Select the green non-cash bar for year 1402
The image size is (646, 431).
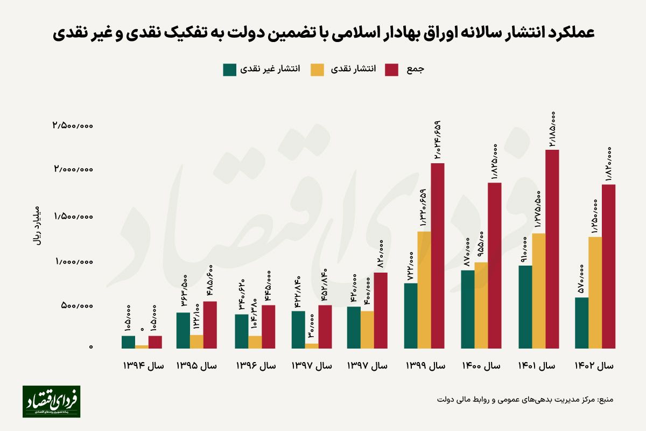point(581,323)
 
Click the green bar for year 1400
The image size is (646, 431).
point(467,309)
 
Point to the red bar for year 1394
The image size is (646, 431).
point(155,342)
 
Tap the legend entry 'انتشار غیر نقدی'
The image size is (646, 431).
point(262,69)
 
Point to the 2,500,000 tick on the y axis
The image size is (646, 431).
point(73,125)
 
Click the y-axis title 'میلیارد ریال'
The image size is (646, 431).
point(37,225)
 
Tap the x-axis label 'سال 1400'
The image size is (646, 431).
point(481,365)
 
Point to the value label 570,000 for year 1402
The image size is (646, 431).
point(581,278)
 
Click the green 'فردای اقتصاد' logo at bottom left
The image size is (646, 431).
point(51,401)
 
